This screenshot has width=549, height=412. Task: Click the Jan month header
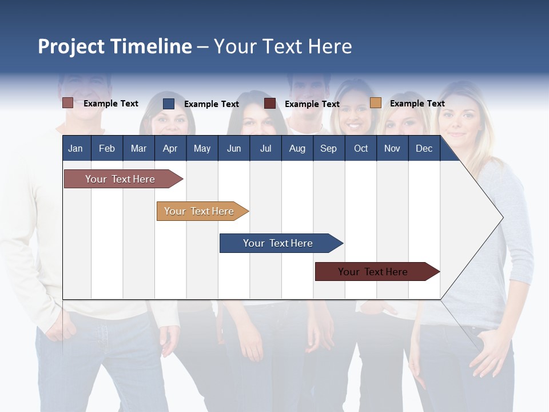pyautogui.click(x=75, y=148)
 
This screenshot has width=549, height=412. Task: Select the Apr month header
pyautogui.click(x=170, y=148)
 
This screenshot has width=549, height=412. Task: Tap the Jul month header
pyautogui.click(x=265, y=148)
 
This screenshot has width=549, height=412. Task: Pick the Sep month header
pyautogui.click(x=328, y=148)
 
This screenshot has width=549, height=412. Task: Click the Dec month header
pyautogui.click(x=424, y=148)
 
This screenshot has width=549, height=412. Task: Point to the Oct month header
pyautogui.click(x=361, y=148)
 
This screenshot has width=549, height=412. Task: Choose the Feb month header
pyautogui.click(x=107, y=148)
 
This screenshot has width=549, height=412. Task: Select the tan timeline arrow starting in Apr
pyautogui.click(x=200, y=211)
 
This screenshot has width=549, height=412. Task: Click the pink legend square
pyautogui.click(x=68, y=103)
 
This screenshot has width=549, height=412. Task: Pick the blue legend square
pyautogui.click(x=169, y=104)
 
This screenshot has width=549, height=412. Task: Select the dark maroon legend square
pyautogui.click(x=270, y=104)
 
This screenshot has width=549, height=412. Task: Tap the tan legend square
pyautogui.click(x=376, y=103)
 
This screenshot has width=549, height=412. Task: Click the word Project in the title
pyautogui.click(x=71, y=46)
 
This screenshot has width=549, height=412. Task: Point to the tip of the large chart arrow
pyautogui.click(x=502, y=217)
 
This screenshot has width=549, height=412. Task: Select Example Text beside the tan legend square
pyautogui.click(x=417, y=104)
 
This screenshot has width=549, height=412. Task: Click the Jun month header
pyautogui.click(x=234, y=148)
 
